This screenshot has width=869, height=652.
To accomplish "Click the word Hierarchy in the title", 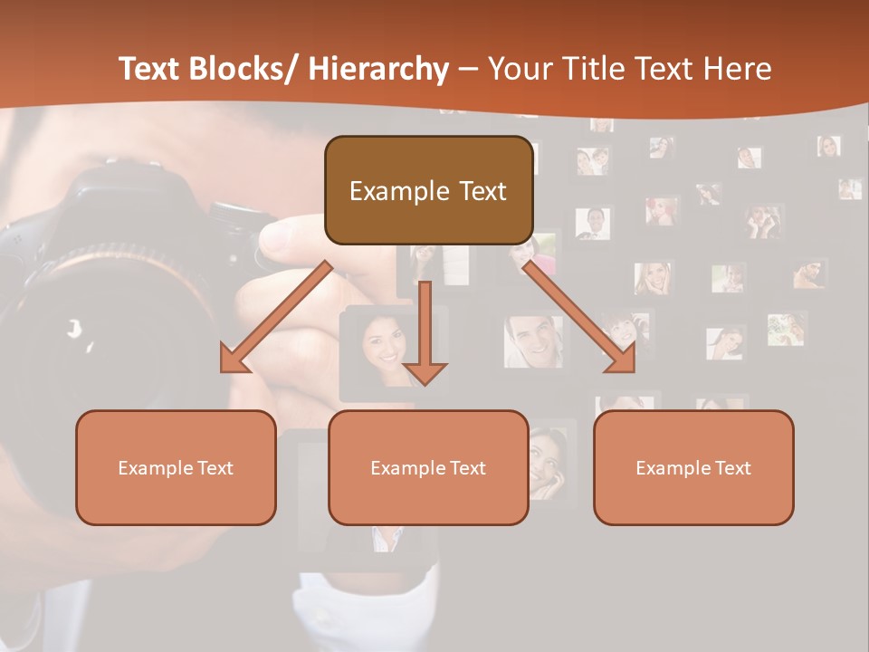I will click(x=378, y=69).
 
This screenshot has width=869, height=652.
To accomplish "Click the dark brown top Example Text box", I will click(x=428, y=190).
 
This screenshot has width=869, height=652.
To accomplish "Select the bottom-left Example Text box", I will click(x=176, y=467).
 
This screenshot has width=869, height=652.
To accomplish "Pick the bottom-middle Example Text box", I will click(x=428, y=467).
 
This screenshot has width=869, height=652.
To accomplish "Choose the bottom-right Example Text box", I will click(x=693, y=467).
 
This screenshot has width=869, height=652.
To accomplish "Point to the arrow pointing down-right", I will click(x=579, y=317).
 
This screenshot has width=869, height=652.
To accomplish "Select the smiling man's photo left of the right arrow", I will click(x=533, y=341).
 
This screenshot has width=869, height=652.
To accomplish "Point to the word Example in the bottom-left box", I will click(x=153, y=468).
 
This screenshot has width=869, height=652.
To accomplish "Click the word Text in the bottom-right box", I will click(x=732, y=468).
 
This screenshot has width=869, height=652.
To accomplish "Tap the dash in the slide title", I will click(x=468, y=70).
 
